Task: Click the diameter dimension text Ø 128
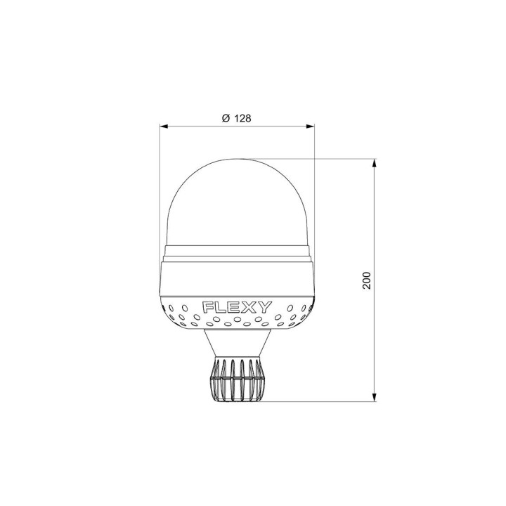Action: tap(237, 119)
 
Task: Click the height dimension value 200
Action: tap(367, 280)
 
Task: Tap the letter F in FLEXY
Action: tap(208, 308)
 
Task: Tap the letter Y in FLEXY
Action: tap(266, 308)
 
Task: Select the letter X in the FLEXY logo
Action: tap(252, 308)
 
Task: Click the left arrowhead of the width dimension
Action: tap(164, 126)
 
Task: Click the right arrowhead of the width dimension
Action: tap(310, 126)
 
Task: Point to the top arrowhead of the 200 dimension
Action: tap(375, 163)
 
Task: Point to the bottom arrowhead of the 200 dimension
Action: tap(375, 397)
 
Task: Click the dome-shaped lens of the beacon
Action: tap(237, 203)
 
